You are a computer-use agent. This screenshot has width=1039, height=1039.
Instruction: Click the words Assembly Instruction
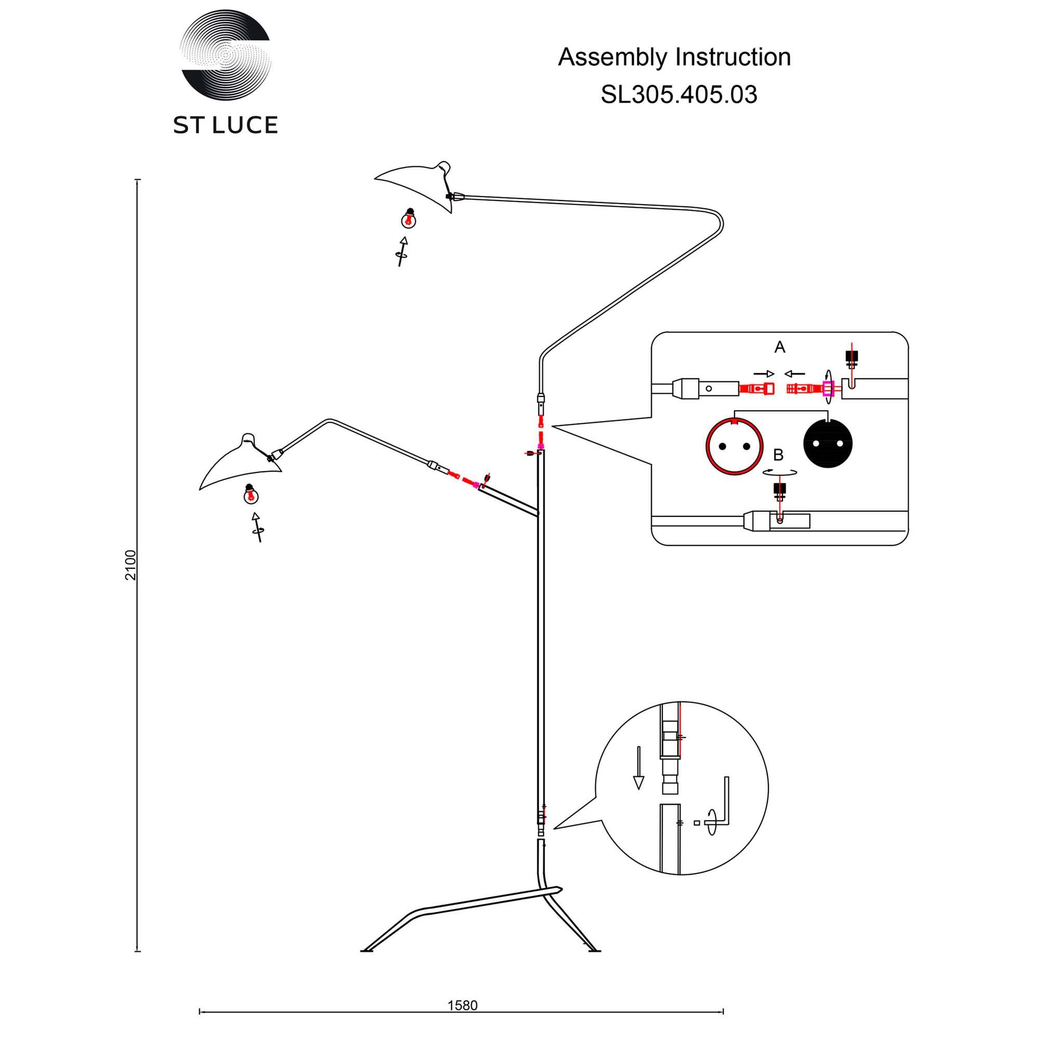(674, 57)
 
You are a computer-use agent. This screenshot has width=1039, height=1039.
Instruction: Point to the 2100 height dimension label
(131, 565)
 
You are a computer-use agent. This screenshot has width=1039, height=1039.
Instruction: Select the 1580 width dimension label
(462, 1005)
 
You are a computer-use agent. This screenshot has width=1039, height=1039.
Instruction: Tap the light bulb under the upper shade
(410, 218)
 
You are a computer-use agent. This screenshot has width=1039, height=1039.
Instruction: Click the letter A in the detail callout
(779, 348)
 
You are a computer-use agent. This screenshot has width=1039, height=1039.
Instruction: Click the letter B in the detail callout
(778, 455)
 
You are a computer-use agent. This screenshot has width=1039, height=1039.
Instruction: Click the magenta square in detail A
(828, 388)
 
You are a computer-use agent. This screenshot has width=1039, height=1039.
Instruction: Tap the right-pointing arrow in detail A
(764, 374)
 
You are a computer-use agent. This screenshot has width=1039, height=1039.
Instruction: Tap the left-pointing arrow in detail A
(794, 374)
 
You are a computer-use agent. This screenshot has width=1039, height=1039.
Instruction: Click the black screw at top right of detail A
(851, 356)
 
